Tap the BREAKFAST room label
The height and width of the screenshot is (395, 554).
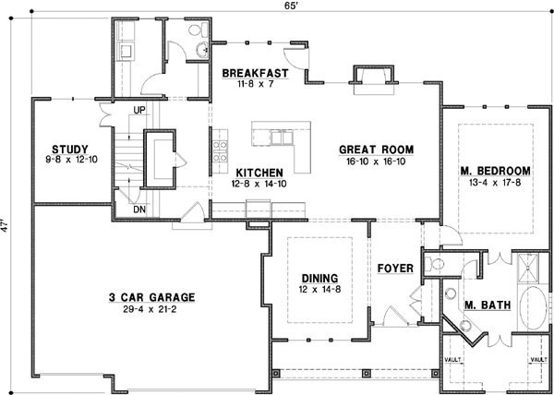coord(256,73)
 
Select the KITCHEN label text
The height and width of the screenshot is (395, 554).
coord(259,173)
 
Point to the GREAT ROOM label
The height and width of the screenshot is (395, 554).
coord(375,149)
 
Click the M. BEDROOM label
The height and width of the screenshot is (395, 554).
coord(496,171)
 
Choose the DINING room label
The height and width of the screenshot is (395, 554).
coord(319,278)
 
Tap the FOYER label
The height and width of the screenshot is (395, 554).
coord(394,269)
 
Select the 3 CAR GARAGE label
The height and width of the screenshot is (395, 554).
coord(151,297)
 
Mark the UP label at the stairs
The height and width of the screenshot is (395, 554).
coord(140,110)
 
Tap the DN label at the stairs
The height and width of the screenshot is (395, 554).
coord(140,209)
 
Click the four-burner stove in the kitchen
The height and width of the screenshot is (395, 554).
coord(220,148)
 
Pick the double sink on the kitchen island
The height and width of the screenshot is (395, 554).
coord(279,138)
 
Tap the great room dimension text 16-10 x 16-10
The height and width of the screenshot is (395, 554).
coord(375,161)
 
